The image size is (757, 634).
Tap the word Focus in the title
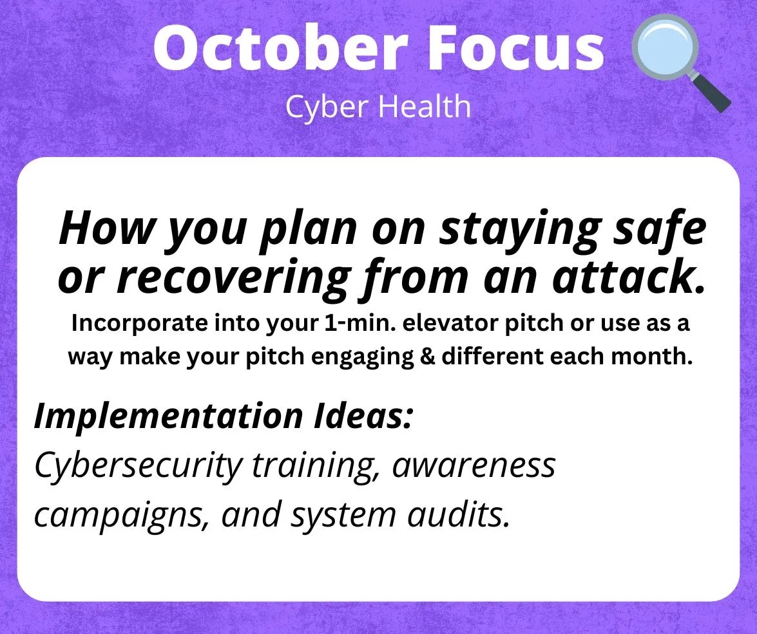pyautogui.click(x=515, y=47)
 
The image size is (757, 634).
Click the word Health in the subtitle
pyautogui.click(x=425, y=106)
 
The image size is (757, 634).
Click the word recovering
pyautogui.click(x=234, y=279)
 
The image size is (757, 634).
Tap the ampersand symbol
pyautogui.click(x=428, y=357)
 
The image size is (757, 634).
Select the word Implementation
pyautogui.click(x=168, y=416)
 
